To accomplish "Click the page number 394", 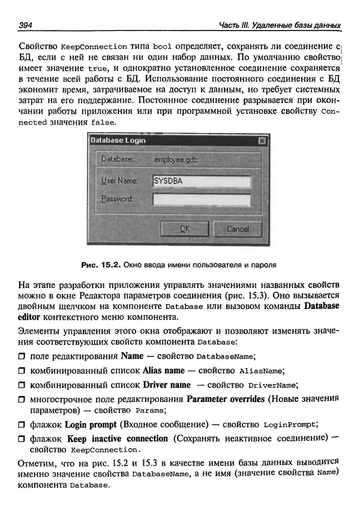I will [x=26, y=25].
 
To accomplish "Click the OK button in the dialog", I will [x=185, y=229].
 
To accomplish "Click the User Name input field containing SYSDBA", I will [x=201, y=181].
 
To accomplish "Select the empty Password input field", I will [x=201, y=199].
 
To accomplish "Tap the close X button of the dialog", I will [x=261, y=140].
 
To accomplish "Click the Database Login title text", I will [x=118, y=140].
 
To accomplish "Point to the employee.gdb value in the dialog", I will [x=175, y=160].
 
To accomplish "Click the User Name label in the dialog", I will [x=119, y=181].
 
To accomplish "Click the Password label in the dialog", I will [x=116, y=199].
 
